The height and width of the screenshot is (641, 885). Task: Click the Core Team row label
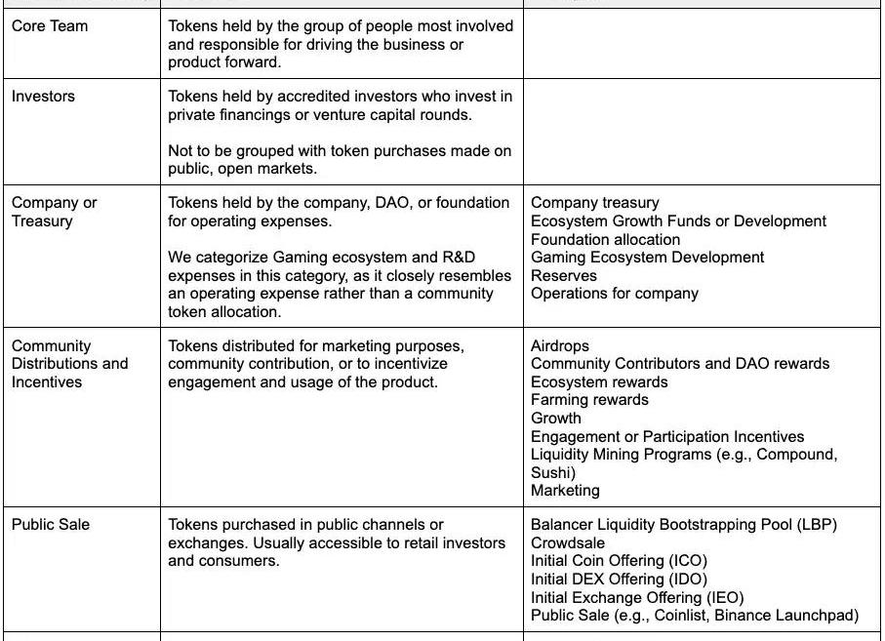(x=50, y=26)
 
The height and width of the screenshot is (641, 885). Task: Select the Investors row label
(x=43, y=97)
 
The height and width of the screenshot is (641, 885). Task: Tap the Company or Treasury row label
(x=55, y=212)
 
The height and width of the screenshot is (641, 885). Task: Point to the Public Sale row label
(x=51, y=525)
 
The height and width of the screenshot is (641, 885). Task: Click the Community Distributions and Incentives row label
(x=69, y=364)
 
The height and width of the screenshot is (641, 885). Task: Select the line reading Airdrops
(x=560, y=345)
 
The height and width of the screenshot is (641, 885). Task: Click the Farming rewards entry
(x=589, y=400)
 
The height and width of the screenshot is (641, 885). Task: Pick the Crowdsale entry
(x=568, y=543)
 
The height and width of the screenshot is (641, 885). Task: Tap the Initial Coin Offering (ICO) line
(x=619, y=561)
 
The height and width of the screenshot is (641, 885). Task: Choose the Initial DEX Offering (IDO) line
(x=619, y=580)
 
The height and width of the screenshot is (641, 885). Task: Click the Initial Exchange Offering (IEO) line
(x=637, y=598)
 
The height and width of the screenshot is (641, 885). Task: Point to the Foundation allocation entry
(x=606, y=240)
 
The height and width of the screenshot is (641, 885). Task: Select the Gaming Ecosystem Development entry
(x=648, y=258)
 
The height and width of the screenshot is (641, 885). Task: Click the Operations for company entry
(x=615, y=294)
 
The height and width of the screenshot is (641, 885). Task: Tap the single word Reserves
(x=564, y=276)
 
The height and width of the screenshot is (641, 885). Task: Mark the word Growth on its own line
(x=556, y=419)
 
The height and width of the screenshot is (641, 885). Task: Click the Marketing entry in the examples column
(x=565, y=491)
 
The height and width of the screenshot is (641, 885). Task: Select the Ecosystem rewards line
(x=599, y=382)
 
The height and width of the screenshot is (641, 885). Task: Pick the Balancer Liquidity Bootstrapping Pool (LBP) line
(x=684, y=525)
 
